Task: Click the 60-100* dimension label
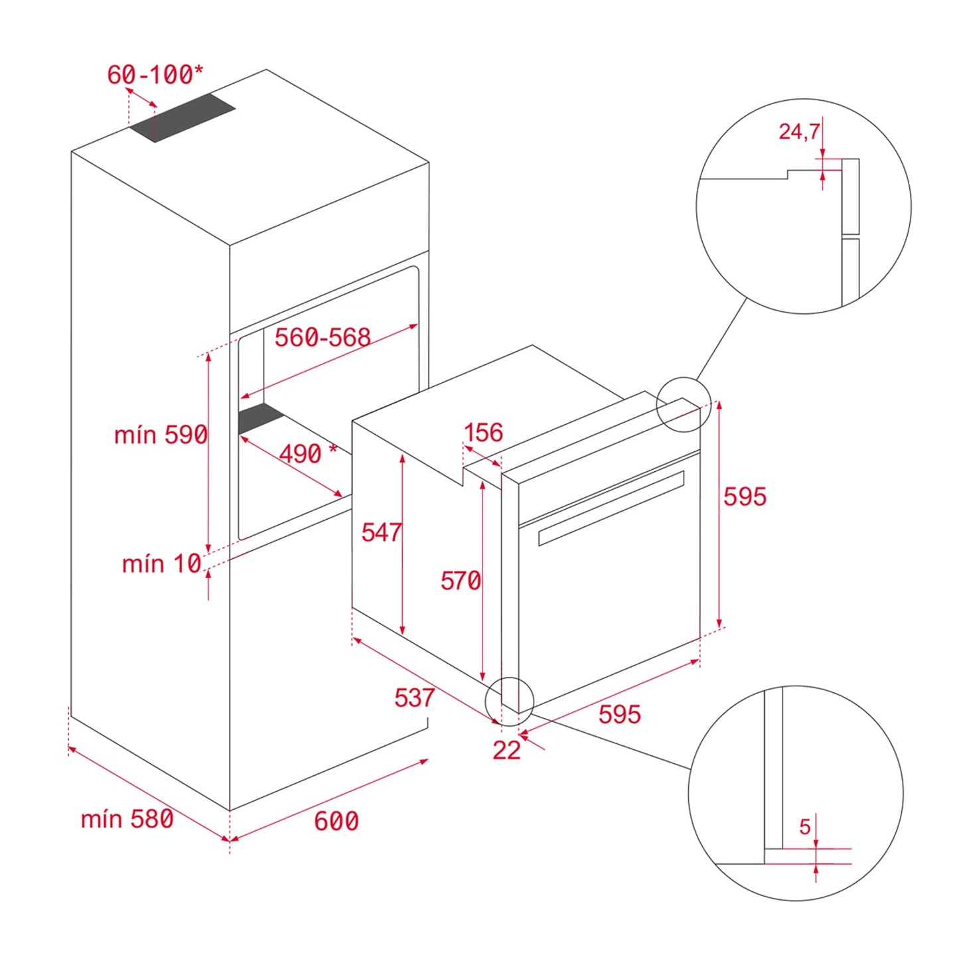pyautogui.click(x=155, y=74)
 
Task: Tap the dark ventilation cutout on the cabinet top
pyautogui.click(x=183, y=117)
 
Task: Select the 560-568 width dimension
pyautogui.click(x=323, y=337)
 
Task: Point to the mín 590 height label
pyautogui.click(x=161, y=435)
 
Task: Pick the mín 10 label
pyautogui.click(x=161, y=563)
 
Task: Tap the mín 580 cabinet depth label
pyautogui.click(x=127, y=819)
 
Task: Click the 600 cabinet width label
pyautogui.click(x=336, y=821)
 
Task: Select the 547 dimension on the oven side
pyautogui.click(x=381, y=532)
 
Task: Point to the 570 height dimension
pyautogui.click(x=461, y=581)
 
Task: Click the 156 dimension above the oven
pyautogui.click(x=483, y=433)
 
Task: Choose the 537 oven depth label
pyautogui.click(x=414, y=698)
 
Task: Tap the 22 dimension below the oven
pyautogui.click(x=506, y=750)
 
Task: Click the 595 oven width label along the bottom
pyautogui.click(x=619, y=714)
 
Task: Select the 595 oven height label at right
pyautogui.click(x=745, y=496)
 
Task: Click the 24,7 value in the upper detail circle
pyautogui.click(x=799, y=131)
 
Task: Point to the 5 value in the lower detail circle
pyautogui.click(x=804, y=827)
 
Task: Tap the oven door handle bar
pyautogui.click(x=611, y=508)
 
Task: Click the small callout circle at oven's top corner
pyautogui.click(x=683, y=404)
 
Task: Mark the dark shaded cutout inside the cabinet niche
pyautogui.click(x=261, y=419)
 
